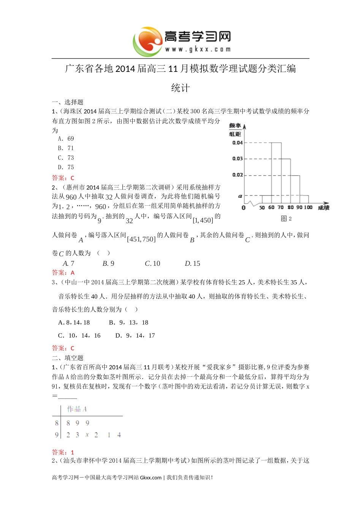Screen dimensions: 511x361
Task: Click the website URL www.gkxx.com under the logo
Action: pos(198,49)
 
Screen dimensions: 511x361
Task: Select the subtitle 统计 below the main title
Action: pos(180,88)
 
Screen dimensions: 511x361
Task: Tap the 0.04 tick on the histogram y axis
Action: pos(237,143)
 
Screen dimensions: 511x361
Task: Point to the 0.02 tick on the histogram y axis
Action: pos(237,175)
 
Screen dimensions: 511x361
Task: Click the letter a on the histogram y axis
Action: pos(240,196)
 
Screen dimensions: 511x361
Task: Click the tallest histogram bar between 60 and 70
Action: pos(276,171)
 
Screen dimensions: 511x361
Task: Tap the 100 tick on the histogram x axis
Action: pos(308,208)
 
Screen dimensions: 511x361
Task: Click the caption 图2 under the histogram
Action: pos(286,219)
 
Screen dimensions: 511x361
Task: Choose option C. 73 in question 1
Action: pos(66,158)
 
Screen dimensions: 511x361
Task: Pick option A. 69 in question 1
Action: pos(66,139)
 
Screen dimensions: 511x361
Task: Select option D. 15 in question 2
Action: pos(192,263)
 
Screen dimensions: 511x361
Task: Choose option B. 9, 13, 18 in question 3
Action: pos(128,322)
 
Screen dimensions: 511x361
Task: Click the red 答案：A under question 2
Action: pos(63,273)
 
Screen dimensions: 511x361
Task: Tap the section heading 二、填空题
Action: pos(68,358)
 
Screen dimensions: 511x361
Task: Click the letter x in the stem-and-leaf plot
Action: pos(87,435)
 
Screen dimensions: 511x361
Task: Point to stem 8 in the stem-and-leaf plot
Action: pos(57,423)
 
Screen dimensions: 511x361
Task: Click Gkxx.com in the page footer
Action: pos(151,478)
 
